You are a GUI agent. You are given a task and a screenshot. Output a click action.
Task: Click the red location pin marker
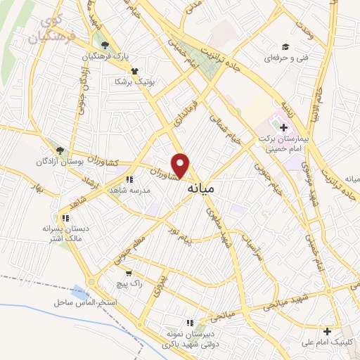click(x=181, y=165)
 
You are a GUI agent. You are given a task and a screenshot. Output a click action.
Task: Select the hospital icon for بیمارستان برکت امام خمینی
click(x=283, y=128)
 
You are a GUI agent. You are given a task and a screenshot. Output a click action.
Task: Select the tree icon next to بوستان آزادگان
click(x=60, y=150)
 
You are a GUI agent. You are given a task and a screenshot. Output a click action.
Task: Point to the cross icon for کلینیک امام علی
click(x=327, y=330)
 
